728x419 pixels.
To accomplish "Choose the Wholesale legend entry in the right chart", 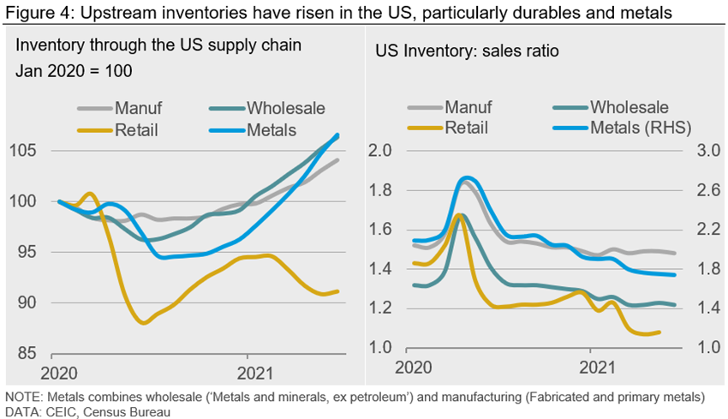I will click(629, 107).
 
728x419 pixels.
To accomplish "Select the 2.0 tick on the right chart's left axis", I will click(380, 152).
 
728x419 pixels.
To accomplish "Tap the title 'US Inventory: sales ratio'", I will click(467, 51).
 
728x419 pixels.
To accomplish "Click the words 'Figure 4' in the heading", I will click(33, 12).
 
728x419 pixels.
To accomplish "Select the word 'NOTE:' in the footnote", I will click(24, 398).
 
